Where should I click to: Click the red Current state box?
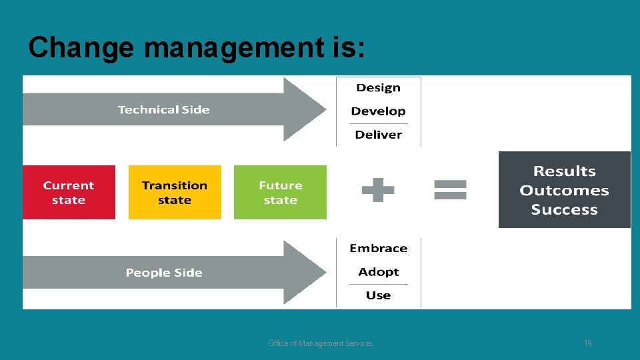tap(69, 192)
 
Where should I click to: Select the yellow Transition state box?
tap(175, 192)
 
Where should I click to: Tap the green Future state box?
tap(280, 192)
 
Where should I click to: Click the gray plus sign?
tap(378, 189)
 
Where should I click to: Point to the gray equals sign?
tap(451, 189)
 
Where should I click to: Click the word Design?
tap(378, 88)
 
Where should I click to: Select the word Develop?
tap(378, 111)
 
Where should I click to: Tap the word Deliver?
tap(378, 135)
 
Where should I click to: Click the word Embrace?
tap(378, 249)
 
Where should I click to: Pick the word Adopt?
tap(378, 272)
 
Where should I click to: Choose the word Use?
tap(378, 295)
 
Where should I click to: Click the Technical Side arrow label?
tap(163, 110)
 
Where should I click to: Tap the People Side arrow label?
tap(164, 273)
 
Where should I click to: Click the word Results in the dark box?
tap(564, 171)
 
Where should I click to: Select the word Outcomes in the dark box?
tap(564, 191)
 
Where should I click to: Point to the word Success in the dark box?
tap(564, 210)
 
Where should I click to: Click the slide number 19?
tap(587, 343)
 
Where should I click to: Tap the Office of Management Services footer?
tap(320, 343)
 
